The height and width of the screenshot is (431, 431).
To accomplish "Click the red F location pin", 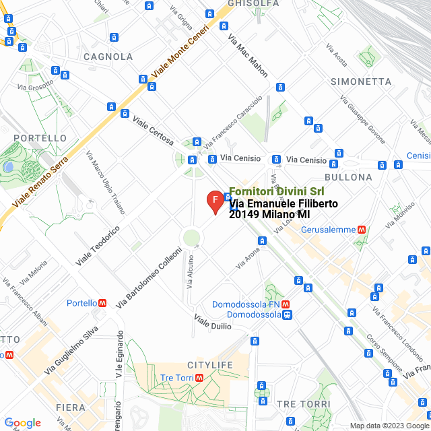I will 215,201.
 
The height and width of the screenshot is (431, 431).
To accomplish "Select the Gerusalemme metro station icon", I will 362,229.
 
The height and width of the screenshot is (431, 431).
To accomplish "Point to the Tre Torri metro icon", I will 199,378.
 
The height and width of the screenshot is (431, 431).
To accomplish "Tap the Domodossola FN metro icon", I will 286,304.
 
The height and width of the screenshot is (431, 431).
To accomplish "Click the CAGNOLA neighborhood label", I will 108,57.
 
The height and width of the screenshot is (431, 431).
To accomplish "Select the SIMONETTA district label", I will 361,81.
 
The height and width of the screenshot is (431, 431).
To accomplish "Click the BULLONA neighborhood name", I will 348,177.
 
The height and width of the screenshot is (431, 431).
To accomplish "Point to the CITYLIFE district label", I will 205,365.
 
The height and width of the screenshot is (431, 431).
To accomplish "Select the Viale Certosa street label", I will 153,131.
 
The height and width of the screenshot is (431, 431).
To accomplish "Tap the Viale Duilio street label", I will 213,321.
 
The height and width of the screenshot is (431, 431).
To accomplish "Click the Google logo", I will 22,423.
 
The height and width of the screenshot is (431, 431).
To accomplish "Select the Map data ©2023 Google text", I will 389,426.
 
